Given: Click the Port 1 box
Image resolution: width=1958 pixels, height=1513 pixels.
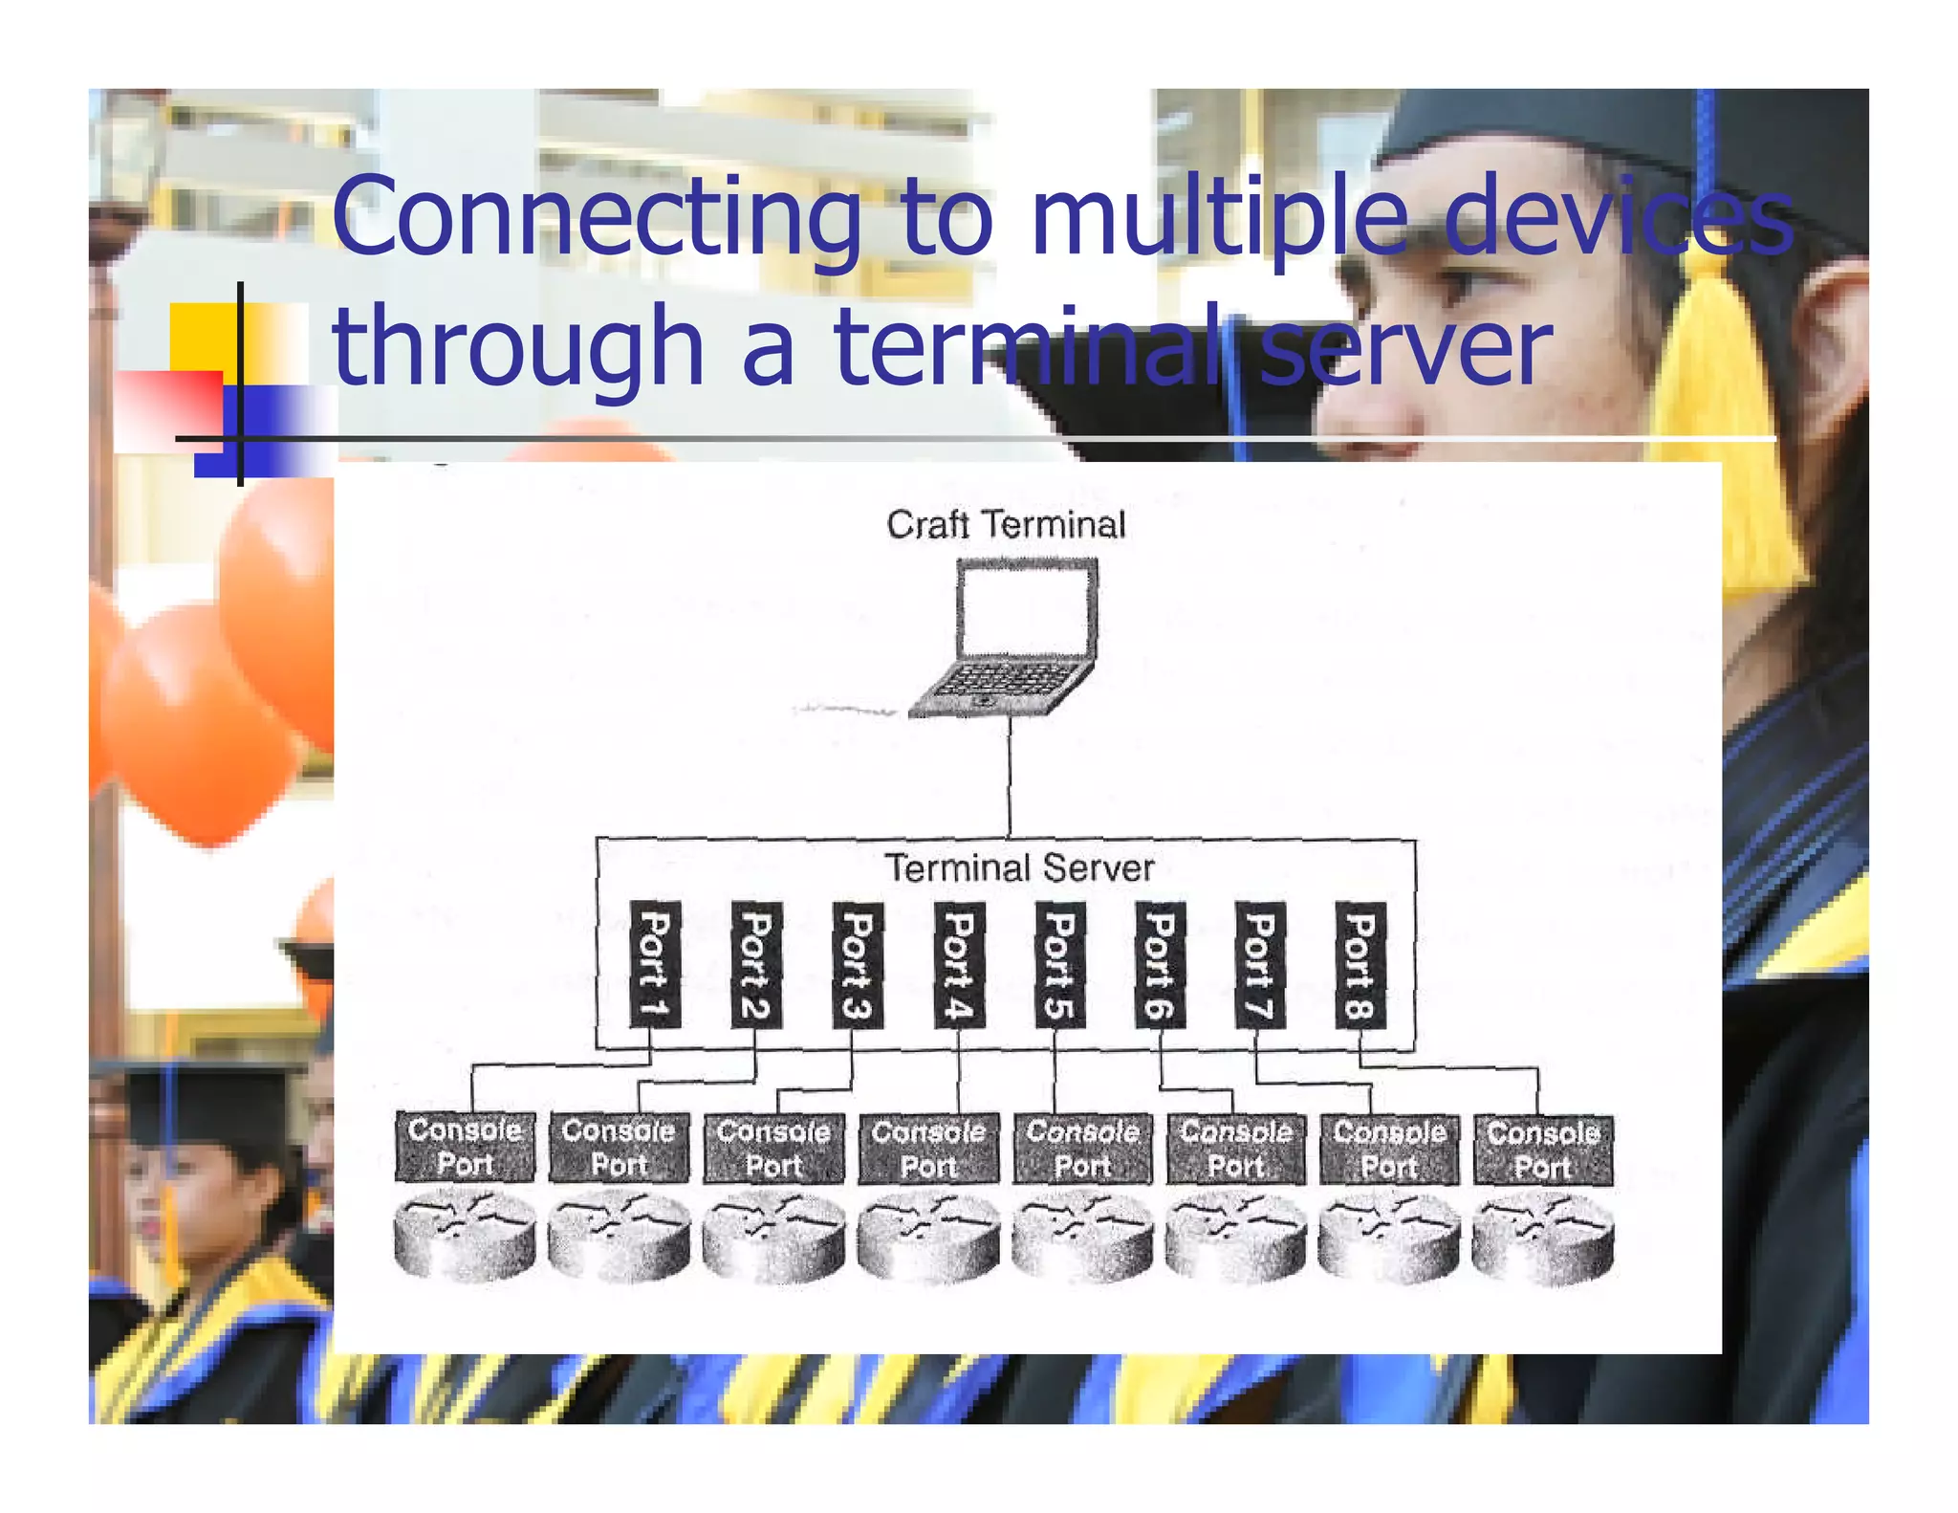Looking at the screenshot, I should [655, 964].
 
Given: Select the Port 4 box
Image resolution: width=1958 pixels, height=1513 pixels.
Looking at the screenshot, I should [958, 964].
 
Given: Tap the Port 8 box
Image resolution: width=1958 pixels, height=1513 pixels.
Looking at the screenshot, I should [1360, 964].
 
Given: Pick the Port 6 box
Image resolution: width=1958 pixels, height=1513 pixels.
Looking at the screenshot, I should [1160, 964].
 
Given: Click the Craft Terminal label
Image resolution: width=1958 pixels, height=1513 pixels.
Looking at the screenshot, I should [1006, 525].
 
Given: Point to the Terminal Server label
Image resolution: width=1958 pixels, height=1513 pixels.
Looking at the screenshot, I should [1019, 868].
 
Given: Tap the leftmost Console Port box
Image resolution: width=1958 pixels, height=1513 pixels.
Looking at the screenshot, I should [465, 1148].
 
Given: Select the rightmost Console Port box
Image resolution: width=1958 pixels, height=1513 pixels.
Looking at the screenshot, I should [1543, 1151].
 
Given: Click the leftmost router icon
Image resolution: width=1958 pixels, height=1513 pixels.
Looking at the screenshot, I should [465, 1235].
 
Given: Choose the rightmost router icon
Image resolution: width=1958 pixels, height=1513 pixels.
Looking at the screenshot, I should [1543, 1238].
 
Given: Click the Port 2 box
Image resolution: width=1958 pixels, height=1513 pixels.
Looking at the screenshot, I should [756, 964].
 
